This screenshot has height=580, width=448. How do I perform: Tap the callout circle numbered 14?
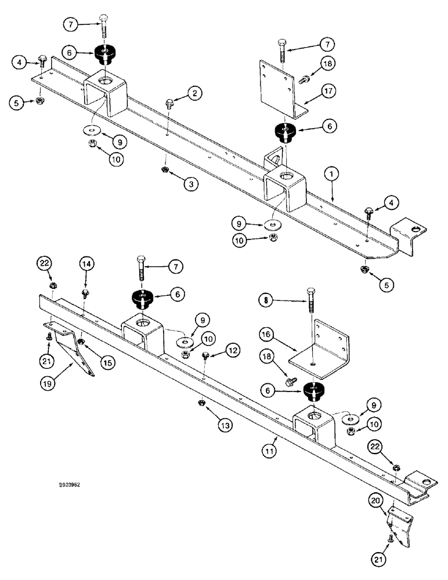(x=86, y=263)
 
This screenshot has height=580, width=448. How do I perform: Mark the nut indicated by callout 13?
(x=200, y=403)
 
